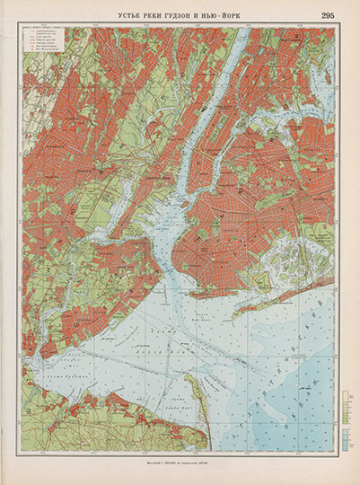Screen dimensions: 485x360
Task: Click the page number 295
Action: (327, 13)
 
